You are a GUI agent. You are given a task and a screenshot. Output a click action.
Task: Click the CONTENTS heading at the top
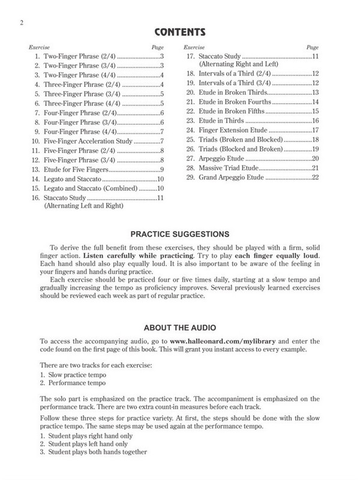180,31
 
